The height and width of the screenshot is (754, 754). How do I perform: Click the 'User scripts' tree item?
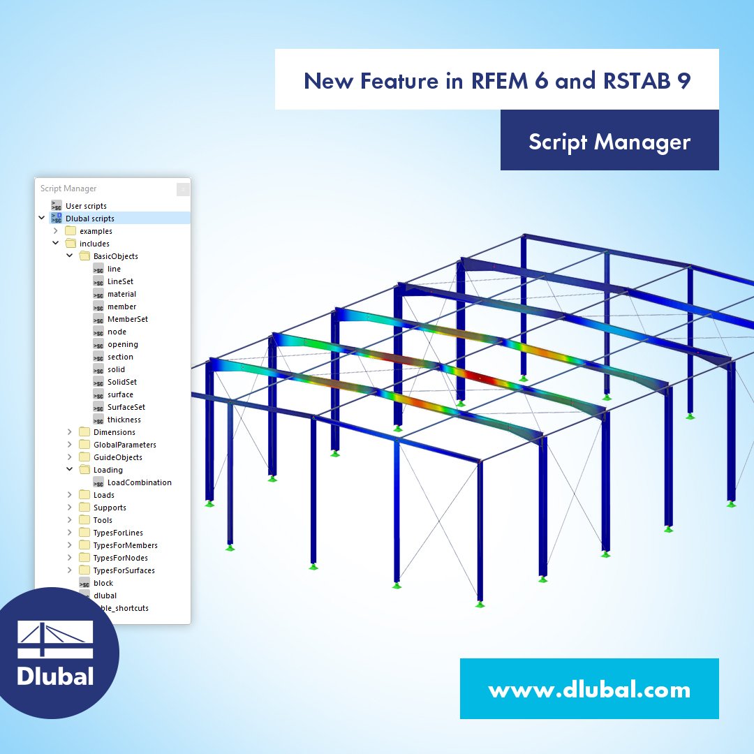(x=86, y=206)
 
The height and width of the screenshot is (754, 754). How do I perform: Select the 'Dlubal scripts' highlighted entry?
(x=89, y=219)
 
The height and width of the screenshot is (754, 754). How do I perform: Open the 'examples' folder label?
(x=96, y=231)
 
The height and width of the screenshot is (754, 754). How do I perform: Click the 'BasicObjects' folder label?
(x=115, y=256)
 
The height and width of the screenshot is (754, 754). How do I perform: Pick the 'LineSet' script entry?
(x=120, y=281)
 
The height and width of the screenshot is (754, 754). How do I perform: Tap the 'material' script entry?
(x=121, y=294)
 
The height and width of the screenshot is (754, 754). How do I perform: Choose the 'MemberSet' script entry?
(x=127, y=319)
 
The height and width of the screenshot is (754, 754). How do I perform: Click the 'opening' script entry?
(x=122, y=344)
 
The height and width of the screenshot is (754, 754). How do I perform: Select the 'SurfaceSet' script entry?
(x=126, y=407)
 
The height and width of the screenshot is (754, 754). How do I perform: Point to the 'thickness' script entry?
(x=124, y=420)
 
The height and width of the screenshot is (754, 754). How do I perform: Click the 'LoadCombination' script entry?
(x=139, y=482)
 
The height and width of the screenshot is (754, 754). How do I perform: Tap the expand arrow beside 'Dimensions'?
(x=69, y=432)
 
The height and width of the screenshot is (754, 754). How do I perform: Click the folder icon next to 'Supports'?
(x=84, y=508)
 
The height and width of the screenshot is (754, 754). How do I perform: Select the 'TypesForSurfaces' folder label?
(x=124, y=570)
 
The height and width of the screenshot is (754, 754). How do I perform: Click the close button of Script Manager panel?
(x=183, y=188)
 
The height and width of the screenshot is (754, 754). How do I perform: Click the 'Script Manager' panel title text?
(x=68, y=188)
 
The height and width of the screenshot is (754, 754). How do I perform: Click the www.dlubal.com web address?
(x=589, y=690)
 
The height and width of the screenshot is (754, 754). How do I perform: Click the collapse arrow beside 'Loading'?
(x=69, y=470)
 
